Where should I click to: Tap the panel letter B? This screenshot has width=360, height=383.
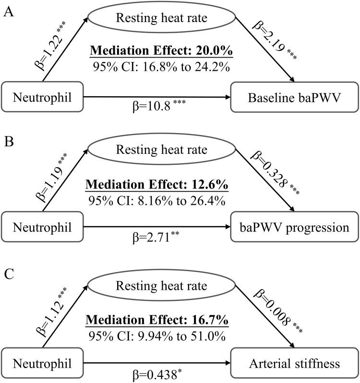pos(8,142)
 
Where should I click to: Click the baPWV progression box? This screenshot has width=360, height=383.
pos(295,228)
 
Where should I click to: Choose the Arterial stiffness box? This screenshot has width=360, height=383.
pos(295,363)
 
